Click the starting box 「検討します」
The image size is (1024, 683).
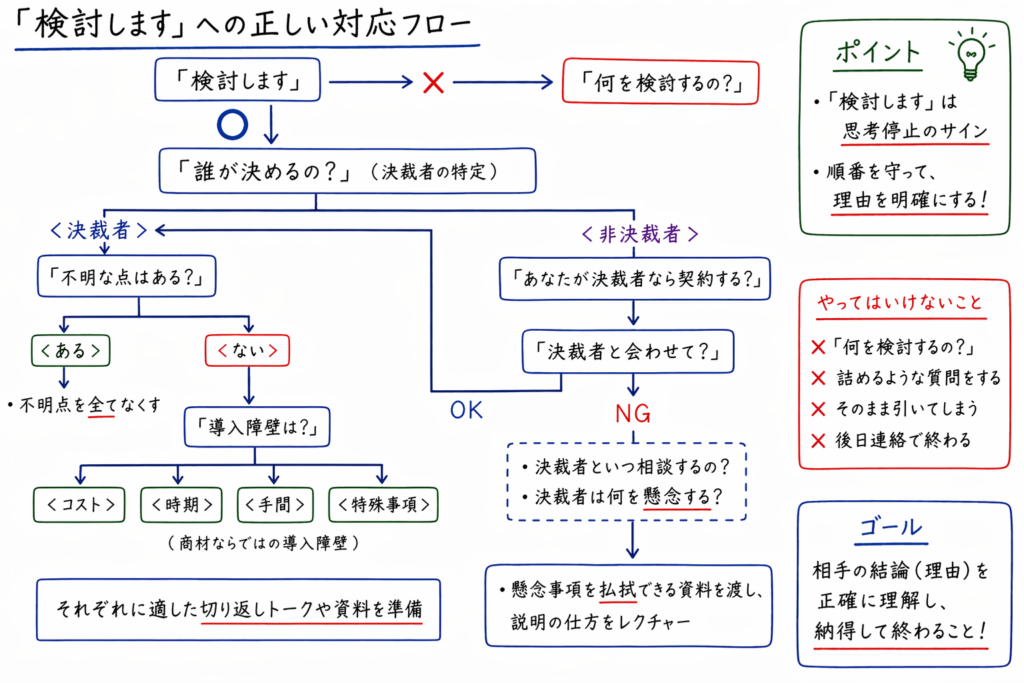pyautogui.click(x=237, y=80)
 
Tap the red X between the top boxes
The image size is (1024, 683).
pyautogui.click(x=433, y=82)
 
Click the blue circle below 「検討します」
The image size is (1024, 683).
pyautogui.click(x=231, y=124)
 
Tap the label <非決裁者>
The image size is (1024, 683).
pyautogui.click(x=638, y=234)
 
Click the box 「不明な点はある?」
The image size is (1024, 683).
pyautogui.click(x=127, y=276)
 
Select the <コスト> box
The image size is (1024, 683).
pyautogui.click(x=79, y=504)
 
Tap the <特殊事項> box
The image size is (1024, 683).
pyautogui.click(x=383, y=504)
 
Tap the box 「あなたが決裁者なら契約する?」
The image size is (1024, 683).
pyautogui.click(x=635, y=279)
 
